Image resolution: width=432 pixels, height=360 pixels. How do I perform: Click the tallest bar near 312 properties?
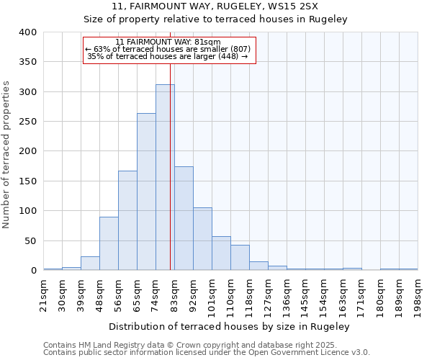click(x=165, y=177)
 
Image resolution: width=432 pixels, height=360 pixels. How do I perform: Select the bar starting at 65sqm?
click(x=146, y=192)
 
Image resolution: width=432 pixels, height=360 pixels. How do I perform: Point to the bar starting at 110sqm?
click(x=240, y=258)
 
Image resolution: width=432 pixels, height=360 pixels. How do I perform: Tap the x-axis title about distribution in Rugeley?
click(x=230, y=327)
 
